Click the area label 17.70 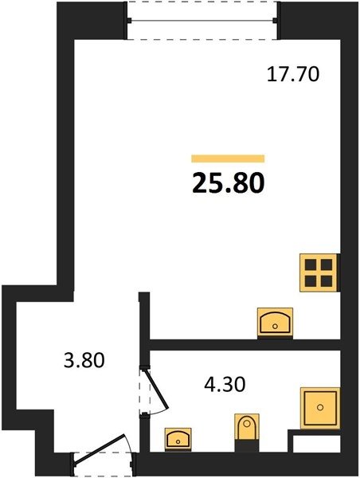(293, 74)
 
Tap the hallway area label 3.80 (84, 360)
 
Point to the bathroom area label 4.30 (225, 385)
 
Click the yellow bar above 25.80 (228, 159)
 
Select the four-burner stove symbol (319, 272)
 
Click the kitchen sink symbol (275, 322)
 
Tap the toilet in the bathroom (247, 426)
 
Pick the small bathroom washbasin (178, 439)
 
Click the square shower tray (320, 408)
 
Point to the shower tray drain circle (320, 407)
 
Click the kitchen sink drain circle (275, 327)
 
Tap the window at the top (202, 21)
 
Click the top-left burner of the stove (311, 264)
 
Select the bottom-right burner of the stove (327, 281)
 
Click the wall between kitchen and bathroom (245, 345)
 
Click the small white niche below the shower (316, 444)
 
